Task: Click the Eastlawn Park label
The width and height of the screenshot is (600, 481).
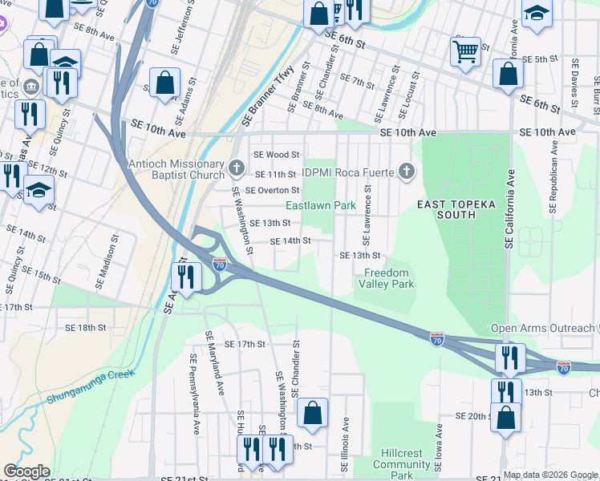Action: [x=321, y=206]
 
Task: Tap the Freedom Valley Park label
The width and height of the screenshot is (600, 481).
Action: [x=386, y=278]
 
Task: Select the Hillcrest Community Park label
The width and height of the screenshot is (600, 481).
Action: [x=402, y=464]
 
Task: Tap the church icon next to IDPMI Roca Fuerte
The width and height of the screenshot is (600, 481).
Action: [x=407, y=170]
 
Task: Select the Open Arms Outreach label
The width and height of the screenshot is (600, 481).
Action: [x=542, y=328]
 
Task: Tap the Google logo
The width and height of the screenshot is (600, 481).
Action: [x=26, y=471]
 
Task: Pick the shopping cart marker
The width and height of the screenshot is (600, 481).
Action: [x=465, y=52]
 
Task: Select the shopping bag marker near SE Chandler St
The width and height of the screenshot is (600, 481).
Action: [x=313, y=414]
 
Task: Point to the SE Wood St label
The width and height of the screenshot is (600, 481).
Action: [x=276, y=155]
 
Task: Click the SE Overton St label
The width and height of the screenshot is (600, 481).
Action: [x=272, y=191]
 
